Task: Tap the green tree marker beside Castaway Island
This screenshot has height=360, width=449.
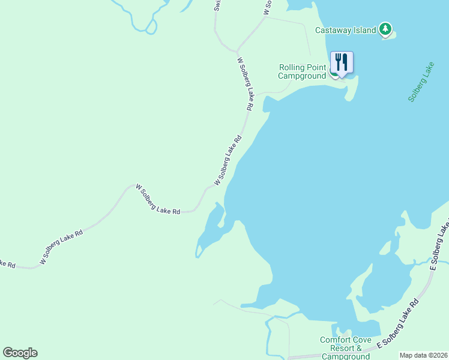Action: tap(385, 29)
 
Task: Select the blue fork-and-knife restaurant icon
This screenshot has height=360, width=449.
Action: tap(341, 62)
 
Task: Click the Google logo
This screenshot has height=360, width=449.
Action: tap(20, 353)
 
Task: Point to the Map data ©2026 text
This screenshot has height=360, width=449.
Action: tap(424, 355)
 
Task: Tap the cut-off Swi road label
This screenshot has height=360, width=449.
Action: tap(217, 5)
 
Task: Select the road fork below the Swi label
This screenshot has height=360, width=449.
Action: tap(238, 50)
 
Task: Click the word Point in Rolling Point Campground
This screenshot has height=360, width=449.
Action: tap(316, 67)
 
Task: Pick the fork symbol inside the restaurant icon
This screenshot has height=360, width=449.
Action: tap(338, 61)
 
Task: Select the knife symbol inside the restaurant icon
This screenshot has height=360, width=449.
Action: tap(345, 61)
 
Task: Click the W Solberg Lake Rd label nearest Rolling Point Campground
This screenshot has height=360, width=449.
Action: tap(246, 84)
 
